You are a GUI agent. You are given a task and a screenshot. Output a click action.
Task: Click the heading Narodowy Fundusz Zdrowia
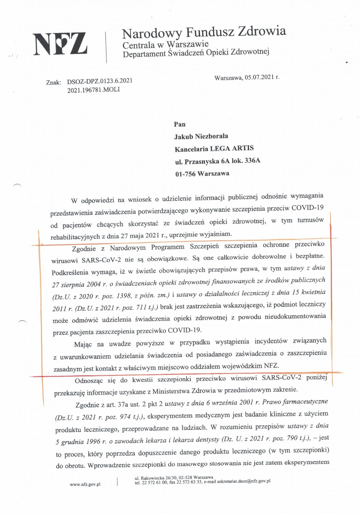click(204, 32)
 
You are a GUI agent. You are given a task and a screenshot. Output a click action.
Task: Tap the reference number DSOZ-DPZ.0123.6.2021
click(100, 81)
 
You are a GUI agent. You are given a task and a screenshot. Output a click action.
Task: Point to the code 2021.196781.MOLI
click(93, 90)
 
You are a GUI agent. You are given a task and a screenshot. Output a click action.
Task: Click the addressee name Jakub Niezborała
click(201, 136)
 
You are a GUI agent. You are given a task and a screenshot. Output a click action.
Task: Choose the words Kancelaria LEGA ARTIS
click(214, 148)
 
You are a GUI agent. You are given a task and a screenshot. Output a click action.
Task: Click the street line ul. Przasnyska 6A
click(202, 161)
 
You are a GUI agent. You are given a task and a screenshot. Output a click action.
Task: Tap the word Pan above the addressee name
click(180, 124)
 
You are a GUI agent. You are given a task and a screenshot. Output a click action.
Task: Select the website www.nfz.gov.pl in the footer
click(85, 484)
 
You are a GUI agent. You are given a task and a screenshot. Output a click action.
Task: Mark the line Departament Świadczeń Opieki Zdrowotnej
click(196, 53)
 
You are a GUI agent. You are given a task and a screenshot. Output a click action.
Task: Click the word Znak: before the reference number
click(54, 82)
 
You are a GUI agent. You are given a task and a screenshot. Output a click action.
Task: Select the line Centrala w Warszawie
click(165, 45)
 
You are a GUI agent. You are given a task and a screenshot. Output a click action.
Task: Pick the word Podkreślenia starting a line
click(70, 273)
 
